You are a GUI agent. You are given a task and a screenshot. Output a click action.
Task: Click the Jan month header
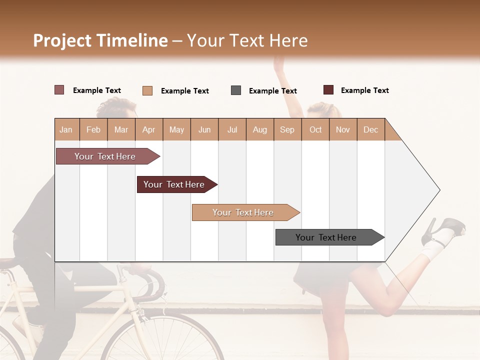(66, 129)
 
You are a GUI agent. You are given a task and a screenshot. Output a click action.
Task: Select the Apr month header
(148, 129)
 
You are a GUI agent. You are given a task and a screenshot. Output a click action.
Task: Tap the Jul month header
(232, 129)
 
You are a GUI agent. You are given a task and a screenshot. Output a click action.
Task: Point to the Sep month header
(287, 129)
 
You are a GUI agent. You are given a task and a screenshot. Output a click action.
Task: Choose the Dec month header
(370, 129)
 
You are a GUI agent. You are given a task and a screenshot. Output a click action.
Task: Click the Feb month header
(93, 129)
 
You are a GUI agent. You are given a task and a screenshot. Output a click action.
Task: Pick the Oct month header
(315, 129)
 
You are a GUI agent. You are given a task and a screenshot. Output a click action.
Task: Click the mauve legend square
(59, 90)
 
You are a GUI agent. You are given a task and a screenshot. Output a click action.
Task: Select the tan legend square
(147, 90)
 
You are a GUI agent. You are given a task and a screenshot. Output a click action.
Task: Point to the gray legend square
(236, 90)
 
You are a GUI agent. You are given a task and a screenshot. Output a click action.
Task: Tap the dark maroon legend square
(328, 90)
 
